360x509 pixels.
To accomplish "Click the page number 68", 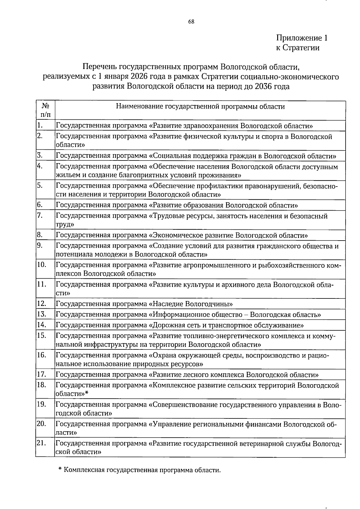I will point(191,21).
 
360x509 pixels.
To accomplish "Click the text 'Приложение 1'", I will point(301,38).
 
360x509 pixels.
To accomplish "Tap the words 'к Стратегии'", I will point(298,48).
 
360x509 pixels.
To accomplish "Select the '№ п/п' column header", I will point(45,110).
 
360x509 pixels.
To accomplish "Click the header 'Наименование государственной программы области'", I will point(200,106).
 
